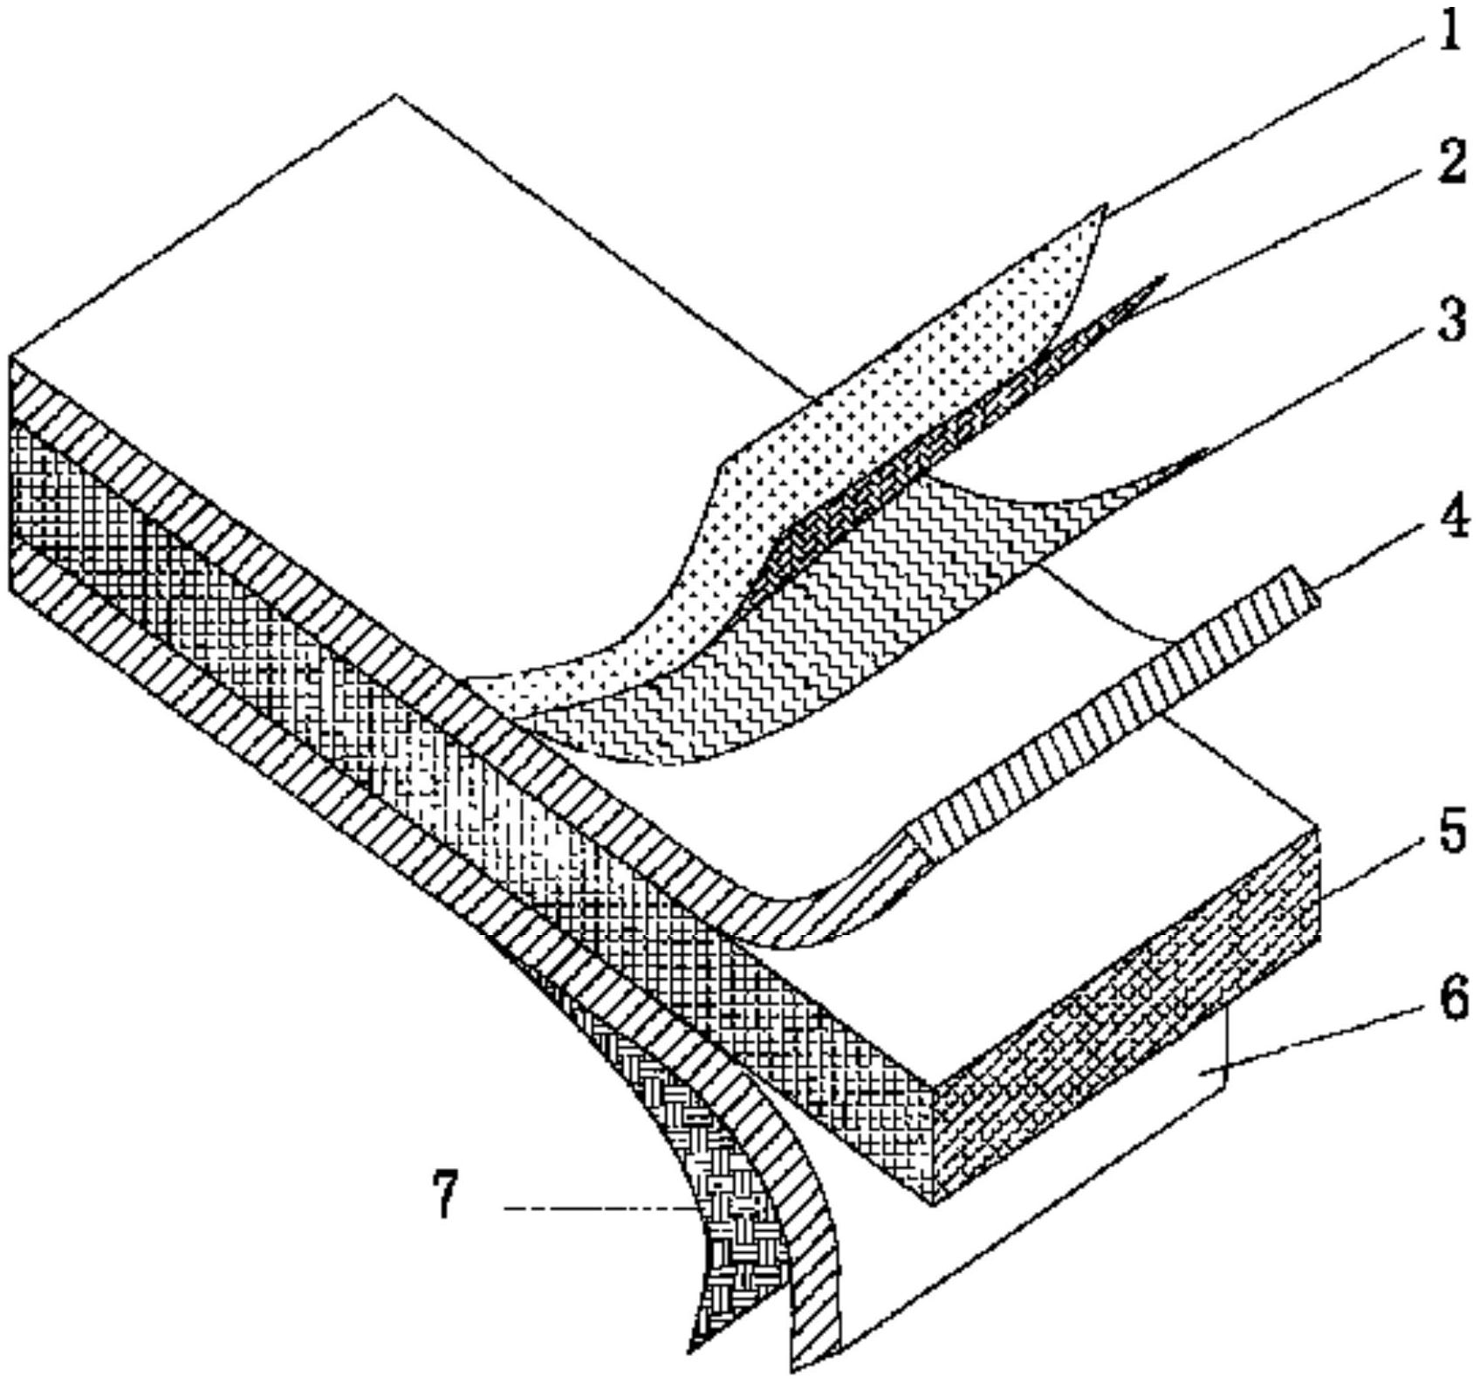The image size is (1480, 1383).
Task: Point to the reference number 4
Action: coord(1449,515)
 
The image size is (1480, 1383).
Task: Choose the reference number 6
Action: coord(1449,998)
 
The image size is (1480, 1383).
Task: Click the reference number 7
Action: coord(446,1194)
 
